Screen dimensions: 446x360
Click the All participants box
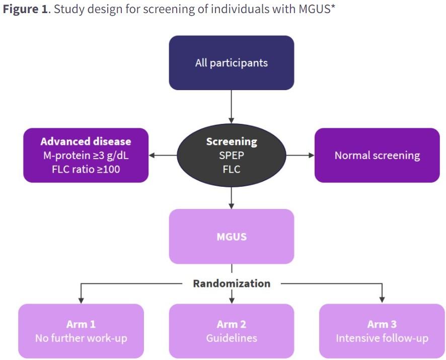232,63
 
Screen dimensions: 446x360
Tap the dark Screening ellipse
232,156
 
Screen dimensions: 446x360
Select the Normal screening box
377,156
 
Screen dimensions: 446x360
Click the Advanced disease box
86,156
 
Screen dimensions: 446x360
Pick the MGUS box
232,237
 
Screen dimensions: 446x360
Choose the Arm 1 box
81,331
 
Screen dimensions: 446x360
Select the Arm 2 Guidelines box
232,331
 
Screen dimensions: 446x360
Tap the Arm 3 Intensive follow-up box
382,331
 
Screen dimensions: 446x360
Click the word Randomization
232,283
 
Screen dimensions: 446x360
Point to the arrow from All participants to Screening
232,107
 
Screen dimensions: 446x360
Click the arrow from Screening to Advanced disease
163,156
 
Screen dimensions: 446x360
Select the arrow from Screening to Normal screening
300,156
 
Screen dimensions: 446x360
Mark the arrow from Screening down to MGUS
232,198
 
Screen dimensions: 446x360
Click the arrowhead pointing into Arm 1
81,301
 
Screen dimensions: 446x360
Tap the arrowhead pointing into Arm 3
382,300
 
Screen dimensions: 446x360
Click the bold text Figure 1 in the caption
25,9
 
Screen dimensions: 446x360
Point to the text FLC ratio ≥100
86,169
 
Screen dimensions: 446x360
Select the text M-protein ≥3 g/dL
86,156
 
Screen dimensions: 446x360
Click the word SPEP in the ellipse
232,156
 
